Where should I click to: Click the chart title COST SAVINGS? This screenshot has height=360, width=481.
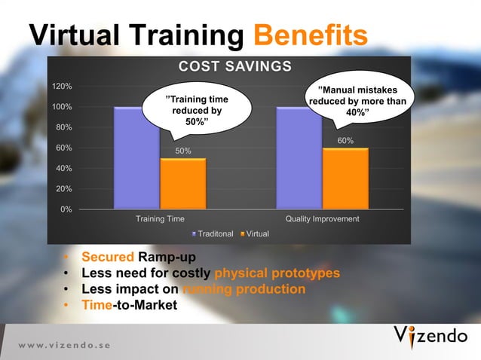(x=234, y=67)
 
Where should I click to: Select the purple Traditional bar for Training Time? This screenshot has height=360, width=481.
(x=136, y=157)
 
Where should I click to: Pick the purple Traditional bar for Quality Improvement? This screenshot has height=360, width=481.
(x=299, y=157)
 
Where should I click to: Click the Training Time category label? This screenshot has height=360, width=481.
(x=160, y=219)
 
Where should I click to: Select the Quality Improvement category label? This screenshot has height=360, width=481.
(x=322, y=219)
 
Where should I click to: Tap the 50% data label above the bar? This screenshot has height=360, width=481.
(x=183, y=151)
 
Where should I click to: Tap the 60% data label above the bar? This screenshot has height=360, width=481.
(x=345, y=141)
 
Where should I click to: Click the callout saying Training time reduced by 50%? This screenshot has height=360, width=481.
(x=198, y=110)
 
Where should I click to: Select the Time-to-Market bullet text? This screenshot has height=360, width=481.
(x=129, y=305)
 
